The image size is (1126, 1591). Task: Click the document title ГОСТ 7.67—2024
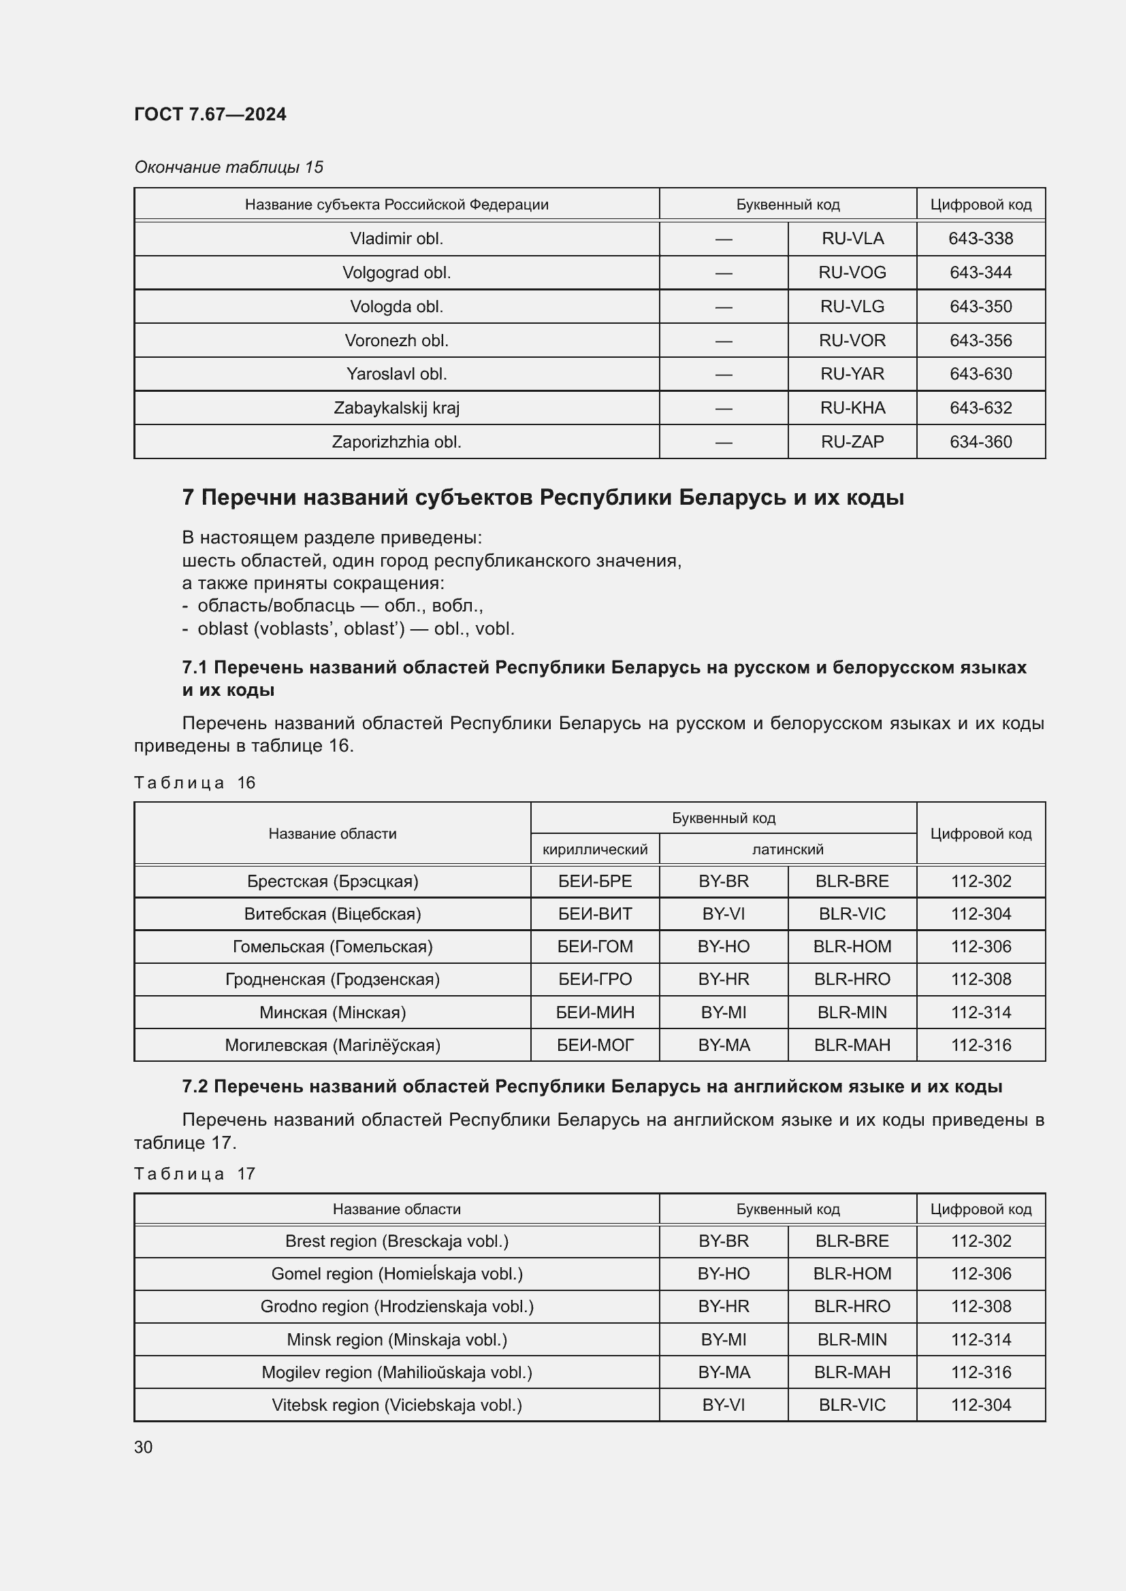click(210, 114)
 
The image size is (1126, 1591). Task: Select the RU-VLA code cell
click(852, 238)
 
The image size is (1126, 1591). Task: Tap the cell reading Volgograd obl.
click(396, 272)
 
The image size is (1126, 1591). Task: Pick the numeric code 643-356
click(980, 340)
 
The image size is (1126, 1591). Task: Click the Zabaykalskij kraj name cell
click(396, 407)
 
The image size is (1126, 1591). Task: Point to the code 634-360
click(980, 441)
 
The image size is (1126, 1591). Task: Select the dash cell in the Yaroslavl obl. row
click(723, 374)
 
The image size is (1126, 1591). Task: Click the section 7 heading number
click(188, 497)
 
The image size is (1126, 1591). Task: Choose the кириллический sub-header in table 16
click(594, 849)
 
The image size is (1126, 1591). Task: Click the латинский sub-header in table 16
click(788, 849)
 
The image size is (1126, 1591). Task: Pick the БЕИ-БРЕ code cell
click(594, 882)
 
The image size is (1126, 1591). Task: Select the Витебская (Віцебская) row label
click(332, 914)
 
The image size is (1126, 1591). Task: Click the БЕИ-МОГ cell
click(594, 1045)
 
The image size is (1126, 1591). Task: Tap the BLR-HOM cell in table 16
click(852, 947)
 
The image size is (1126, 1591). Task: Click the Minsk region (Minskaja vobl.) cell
click(396, 1339)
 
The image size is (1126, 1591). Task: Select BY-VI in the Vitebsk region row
click(723, 1405)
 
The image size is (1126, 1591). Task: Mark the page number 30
click(144, 1447)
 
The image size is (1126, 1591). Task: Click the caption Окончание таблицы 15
click(228, 167)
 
